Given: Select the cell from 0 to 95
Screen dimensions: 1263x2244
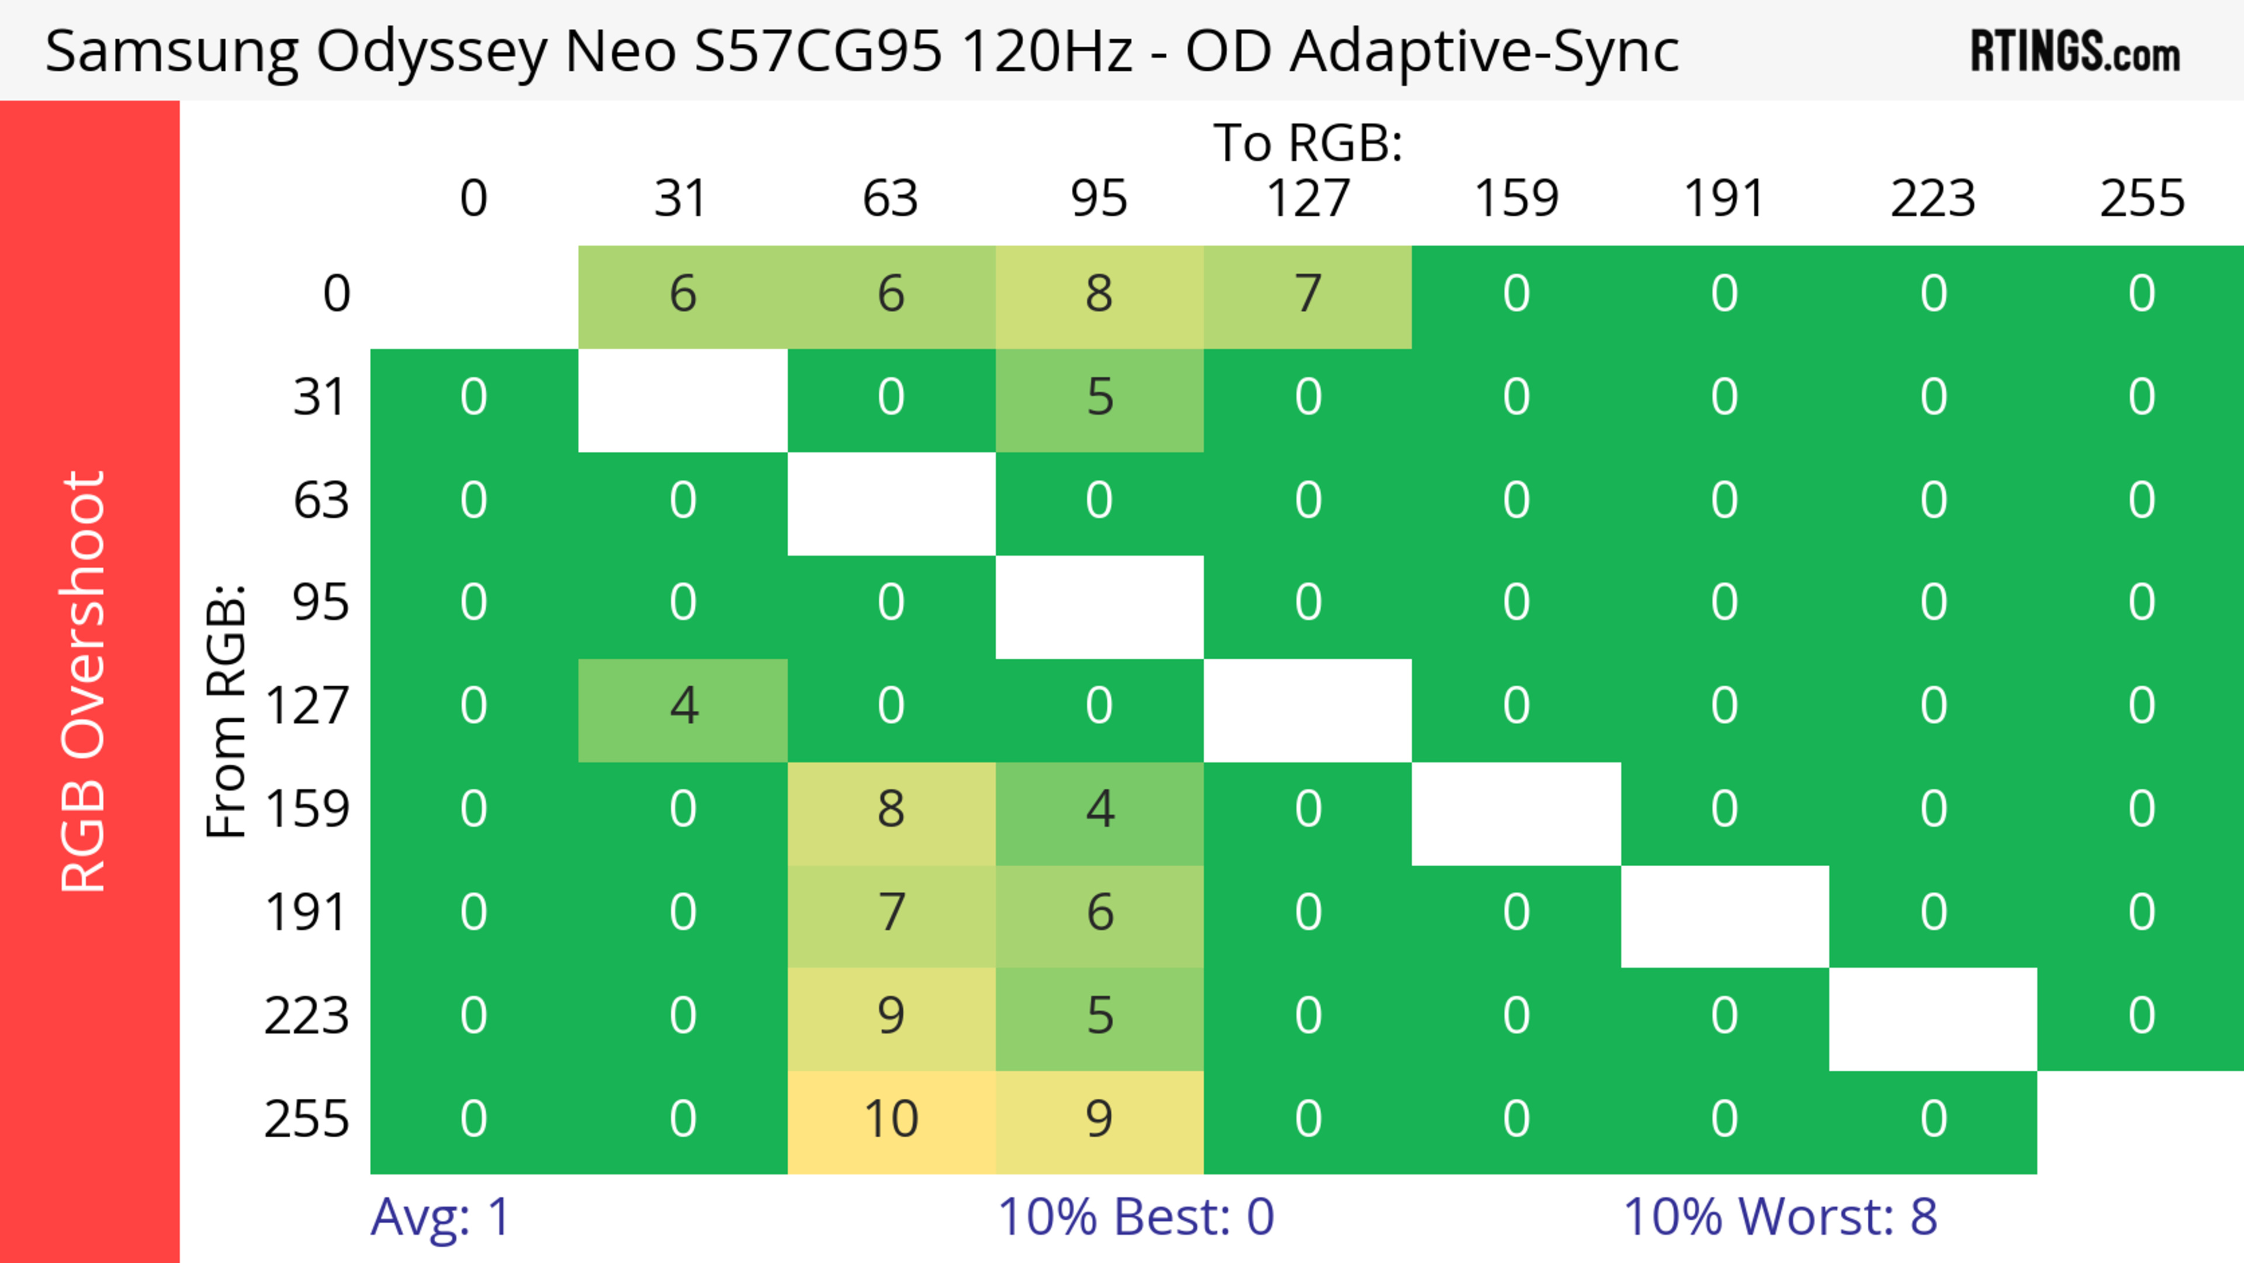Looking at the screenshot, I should [x=1099, y=295].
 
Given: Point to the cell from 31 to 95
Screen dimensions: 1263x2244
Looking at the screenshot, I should [x=1099, y=398].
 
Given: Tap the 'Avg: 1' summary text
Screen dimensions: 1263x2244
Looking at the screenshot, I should [x=440, y=1217].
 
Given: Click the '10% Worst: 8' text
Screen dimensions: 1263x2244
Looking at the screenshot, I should [x=1779, y=1217].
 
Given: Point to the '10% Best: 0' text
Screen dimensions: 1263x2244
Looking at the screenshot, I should [x=1135, y=1217].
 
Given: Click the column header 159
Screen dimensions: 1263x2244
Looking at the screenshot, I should [x=1516, y=199].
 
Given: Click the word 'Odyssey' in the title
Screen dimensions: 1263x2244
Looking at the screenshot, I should [x=431, y=52].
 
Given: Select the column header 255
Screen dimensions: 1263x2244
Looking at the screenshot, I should [x=2141, y=199].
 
